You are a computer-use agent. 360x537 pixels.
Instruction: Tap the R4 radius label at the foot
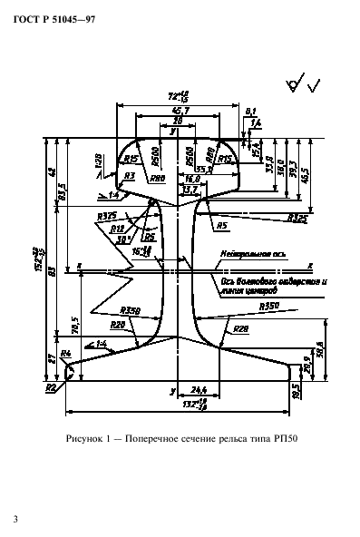click(65, 353)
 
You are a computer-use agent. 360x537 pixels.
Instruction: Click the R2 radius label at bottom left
click(51, 387)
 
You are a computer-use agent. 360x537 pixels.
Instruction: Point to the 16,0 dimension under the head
click(193, 181)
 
